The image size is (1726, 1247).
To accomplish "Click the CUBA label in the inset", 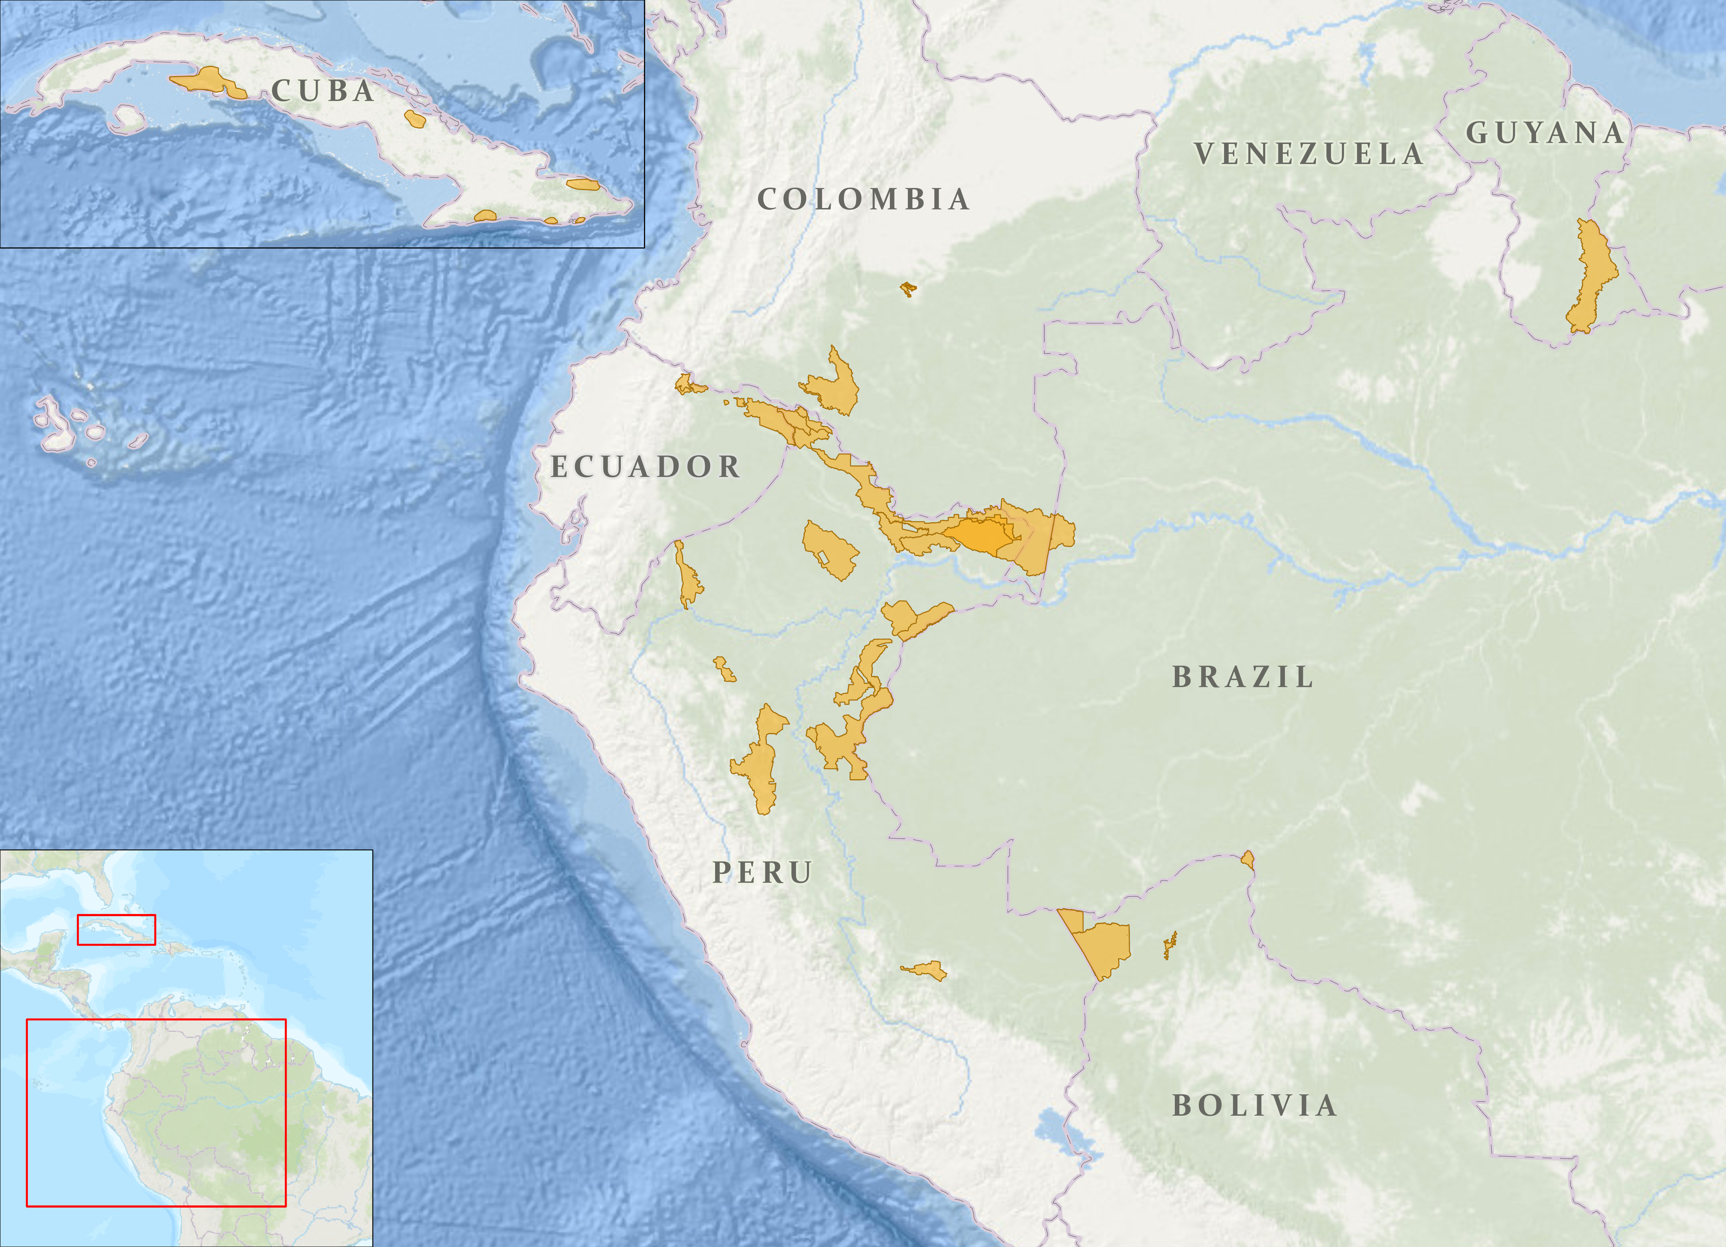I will click(x=323, y=92).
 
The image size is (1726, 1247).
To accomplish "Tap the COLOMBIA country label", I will click(x=863, y=200).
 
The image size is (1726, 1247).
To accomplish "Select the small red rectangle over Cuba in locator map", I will click(x=116, y=930).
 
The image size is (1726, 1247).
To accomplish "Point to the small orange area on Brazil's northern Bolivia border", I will click(x=1247, y=860).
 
